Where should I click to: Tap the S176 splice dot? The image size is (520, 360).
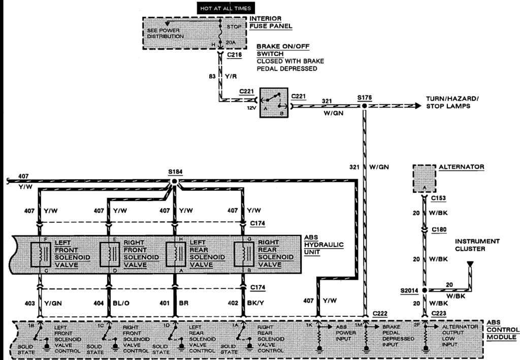pos(365,106)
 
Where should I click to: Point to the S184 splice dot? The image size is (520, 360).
pos(174,181)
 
